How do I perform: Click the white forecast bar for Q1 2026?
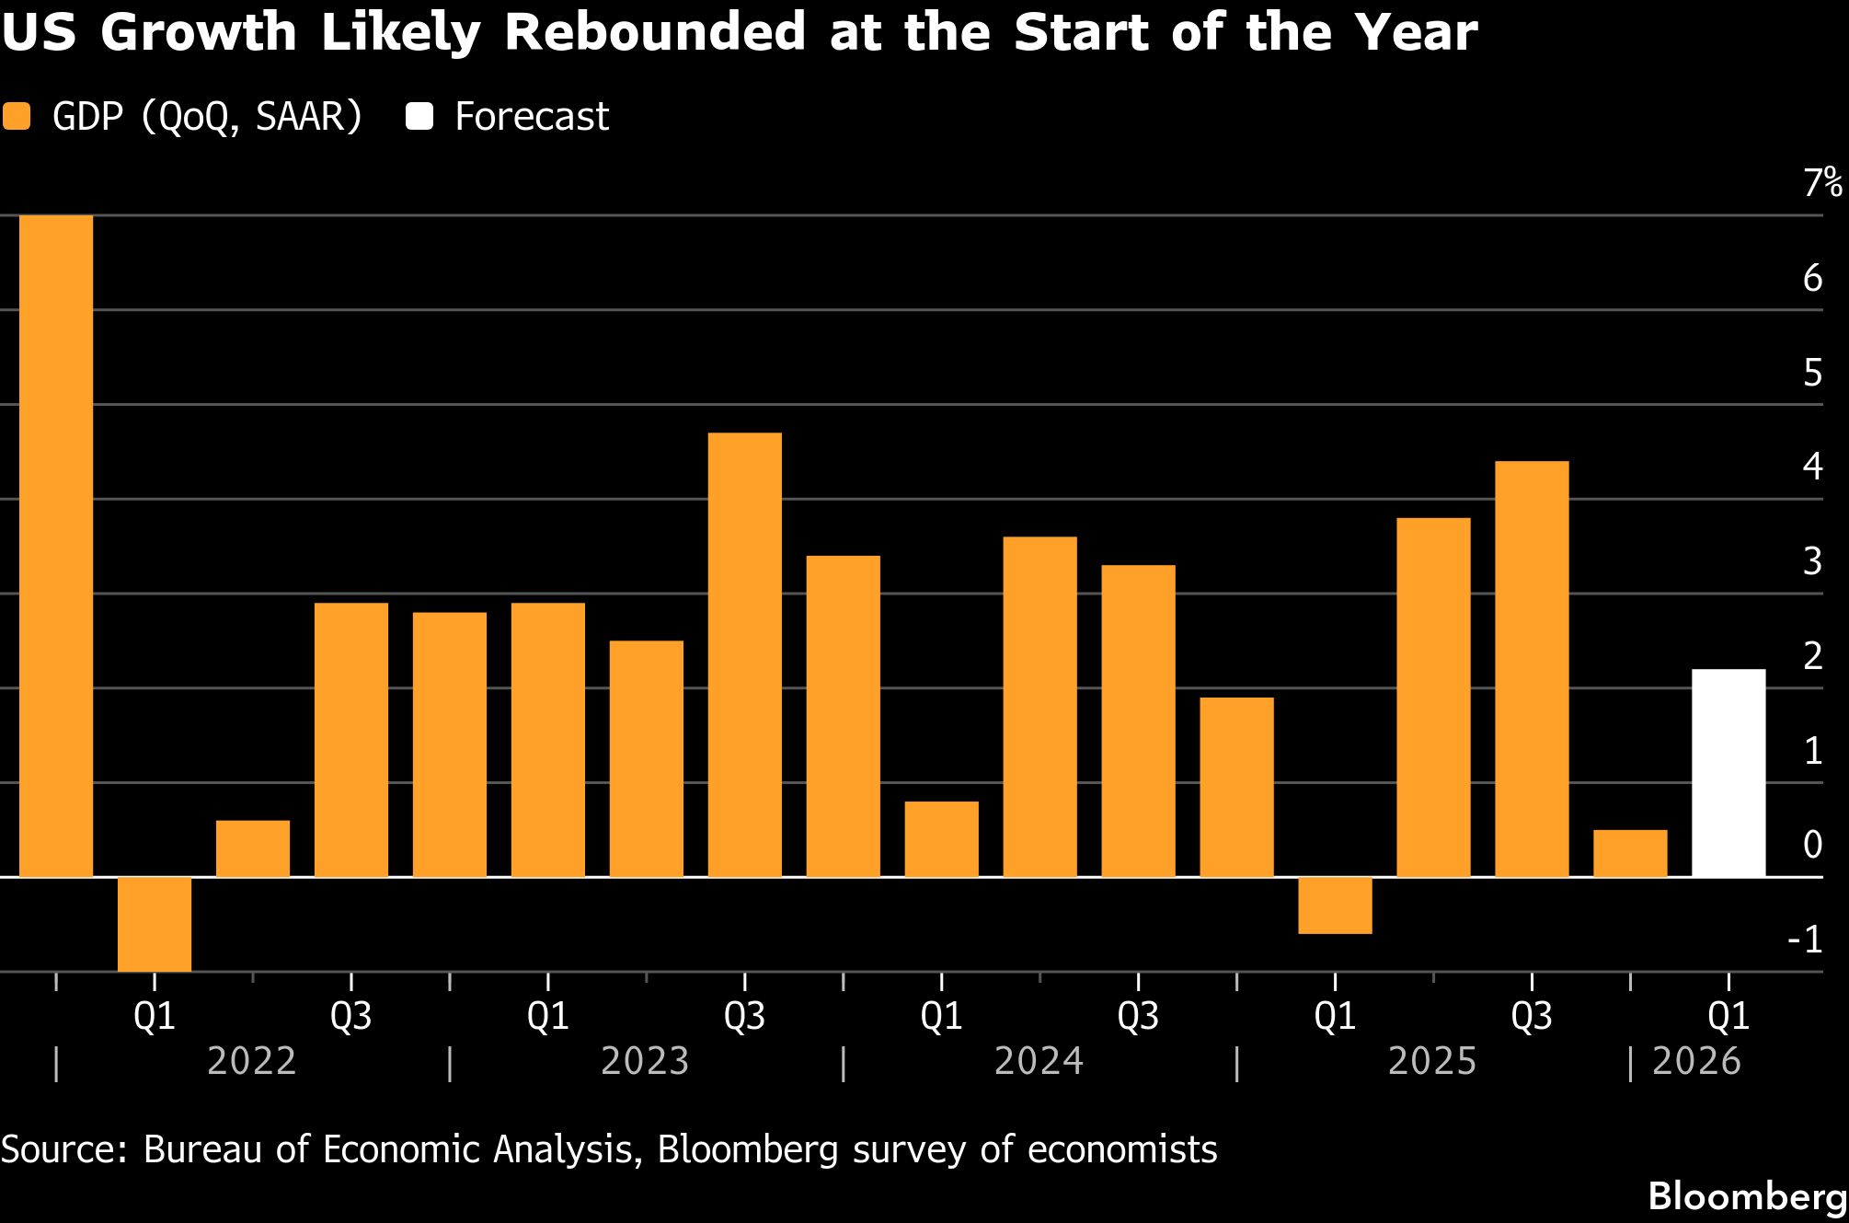(x=1728, y=773)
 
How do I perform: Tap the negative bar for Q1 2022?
(x=155, y=924)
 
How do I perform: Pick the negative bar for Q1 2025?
(x=1335, y=906)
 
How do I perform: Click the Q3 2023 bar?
(x=745, y=654)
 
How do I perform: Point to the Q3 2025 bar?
(x=1532, y=669)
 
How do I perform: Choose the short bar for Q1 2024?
(x=941, y=839)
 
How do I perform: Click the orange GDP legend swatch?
(x=17, y=117)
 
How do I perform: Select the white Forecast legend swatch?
(x=419, y=117)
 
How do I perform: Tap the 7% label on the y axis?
(x=1822, y=183)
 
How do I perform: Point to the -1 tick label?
(x=1805, y=940)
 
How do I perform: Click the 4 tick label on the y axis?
(x=1813, y=467)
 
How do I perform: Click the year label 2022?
(x=252, y=1061)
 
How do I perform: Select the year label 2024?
(x=1039, y=1061)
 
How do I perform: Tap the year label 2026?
(x=1696, y=1061)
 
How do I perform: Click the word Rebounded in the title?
(x=654, y=32)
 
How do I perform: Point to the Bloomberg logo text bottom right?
(x=1747, y=1196)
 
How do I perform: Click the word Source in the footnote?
(x=63, y=1149)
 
